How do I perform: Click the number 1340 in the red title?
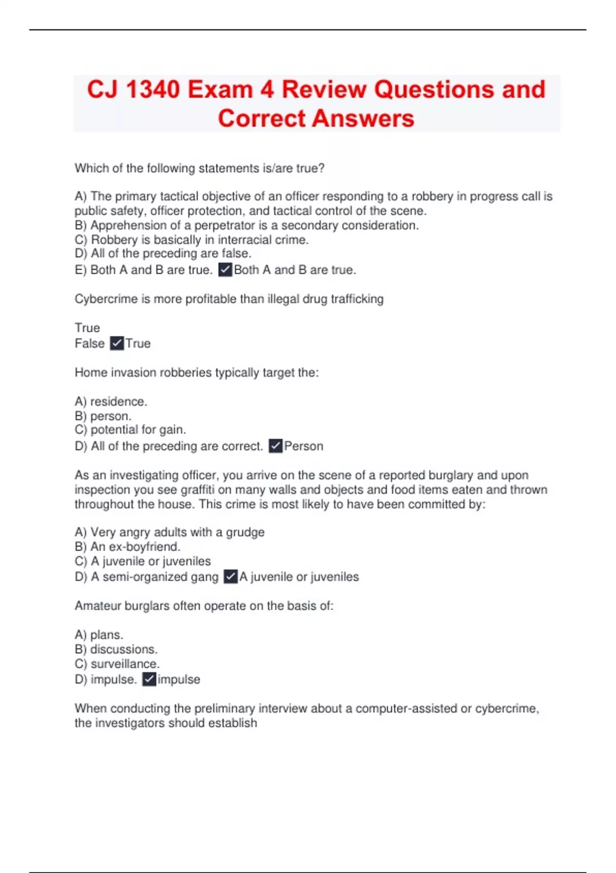(152, 89)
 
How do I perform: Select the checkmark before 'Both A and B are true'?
(225, 270)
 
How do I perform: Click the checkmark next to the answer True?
(117, 343)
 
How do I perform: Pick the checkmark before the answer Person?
(276, 446)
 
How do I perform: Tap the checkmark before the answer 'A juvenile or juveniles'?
(230, 577)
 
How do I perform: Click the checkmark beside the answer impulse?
(149, 679)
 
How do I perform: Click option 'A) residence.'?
(111, 401)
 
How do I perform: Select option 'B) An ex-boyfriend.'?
(127, 546)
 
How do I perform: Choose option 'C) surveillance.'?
(117, 663)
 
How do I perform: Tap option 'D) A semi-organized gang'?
(146, 577)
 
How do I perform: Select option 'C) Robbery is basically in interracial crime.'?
(191, 239)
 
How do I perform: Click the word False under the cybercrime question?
(89, 343)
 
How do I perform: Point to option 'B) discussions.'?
(116, 649)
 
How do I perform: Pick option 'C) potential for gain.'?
(130, 429)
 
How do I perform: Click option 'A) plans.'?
(99, 635)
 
